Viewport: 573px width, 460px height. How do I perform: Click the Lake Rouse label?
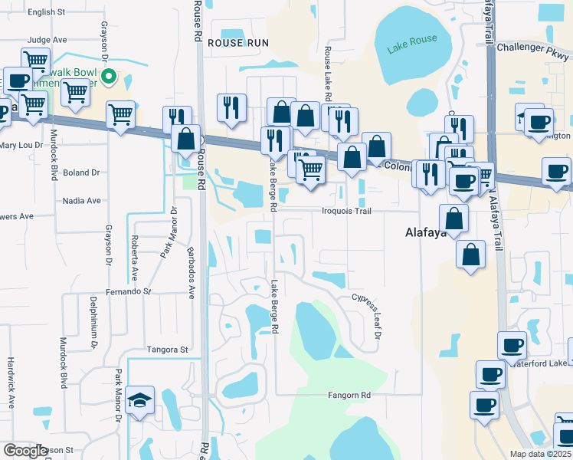click(412, 44)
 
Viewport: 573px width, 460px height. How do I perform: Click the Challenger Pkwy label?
click(534, 48)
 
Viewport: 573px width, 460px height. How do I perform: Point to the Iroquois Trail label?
click(346, 211)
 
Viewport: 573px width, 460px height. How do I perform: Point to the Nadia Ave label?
click(83, 201)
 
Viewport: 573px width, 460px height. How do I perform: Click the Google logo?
click(25, 451)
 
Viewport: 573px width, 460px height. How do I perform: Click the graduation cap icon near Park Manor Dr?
click(139, 400)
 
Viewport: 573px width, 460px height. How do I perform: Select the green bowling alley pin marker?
click(110, 76)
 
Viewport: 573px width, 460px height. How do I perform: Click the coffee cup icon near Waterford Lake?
click(512, 346)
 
